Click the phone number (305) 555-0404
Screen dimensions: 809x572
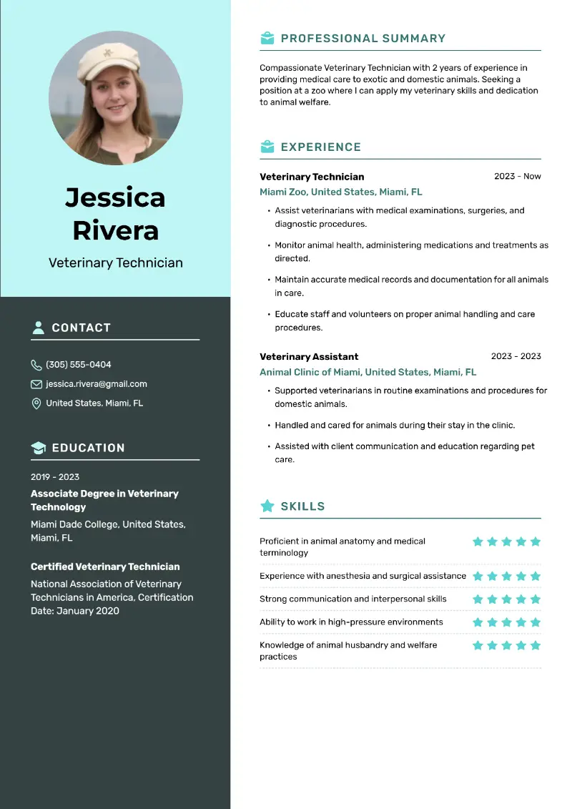[x=79, y=365]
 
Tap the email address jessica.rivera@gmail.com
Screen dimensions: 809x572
[x=97, y=384]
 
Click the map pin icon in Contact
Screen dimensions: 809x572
[x=36, y=403]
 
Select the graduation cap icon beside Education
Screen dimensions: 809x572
[x=38, y=448]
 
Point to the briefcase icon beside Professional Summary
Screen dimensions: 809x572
[x=267, y=39]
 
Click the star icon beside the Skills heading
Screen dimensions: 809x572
[x=267, y=506]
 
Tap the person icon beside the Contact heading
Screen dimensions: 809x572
[x=38, y=328]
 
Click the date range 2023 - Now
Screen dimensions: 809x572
[x=517, y=176]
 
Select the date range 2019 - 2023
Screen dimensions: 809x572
[x=55, y=477]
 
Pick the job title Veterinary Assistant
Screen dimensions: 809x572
[x=309, y=356]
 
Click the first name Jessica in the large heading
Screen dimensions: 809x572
[x=115, y=197]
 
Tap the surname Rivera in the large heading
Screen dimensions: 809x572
[x=115, y=230]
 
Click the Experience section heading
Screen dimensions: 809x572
[x=320, y=147]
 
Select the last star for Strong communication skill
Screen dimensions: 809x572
[x=536, y=599]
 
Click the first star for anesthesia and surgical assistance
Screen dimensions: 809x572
[x=478, y=577]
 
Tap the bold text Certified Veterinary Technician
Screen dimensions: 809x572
[x=105, y=567]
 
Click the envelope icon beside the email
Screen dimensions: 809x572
[x=36, y=384]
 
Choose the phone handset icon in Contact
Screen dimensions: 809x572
[x=36, y=365]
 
